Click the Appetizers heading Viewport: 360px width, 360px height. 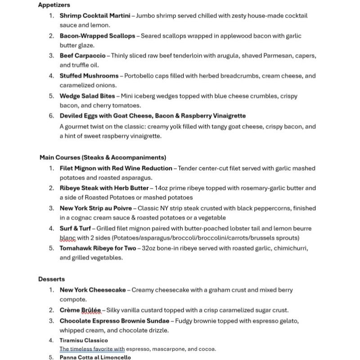point(54,5)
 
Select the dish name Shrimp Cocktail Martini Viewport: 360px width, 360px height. point(95,16)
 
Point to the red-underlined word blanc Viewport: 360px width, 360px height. point(67,238)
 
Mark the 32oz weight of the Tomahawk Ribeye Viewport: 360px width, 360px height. point(149,248)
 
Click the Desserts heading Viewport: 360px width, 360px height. point(51,279)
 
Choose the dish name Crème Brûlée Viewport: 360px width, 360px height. point(81,310)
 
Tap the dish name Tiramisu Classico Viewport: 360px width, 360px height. point(84,340)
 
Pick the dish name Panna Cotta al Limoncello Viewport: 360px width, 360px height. point(95,357)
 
